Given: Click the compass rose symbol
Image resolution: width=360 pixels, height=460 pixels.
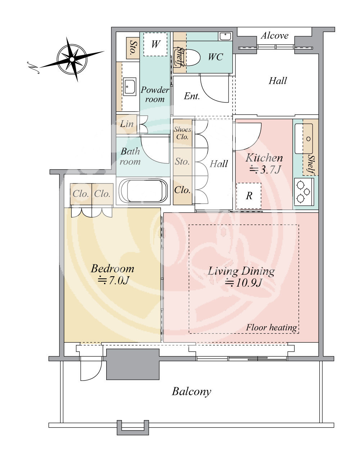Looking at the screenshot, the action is (x=72, y=59).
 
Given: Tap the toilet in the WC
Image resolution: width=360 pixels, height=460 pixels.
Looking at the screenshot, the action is (x=187, y=57).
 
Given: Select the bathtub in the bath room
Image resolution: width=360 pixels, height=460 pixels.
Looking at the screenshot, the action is (x=143, y=191).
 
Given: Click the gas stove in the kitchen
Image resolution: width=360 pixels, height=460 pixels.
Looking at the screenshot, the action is (x=304, y=192).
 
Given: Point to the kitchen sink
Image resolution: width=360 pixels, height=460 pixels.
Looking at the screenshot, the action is (x=304, y=139).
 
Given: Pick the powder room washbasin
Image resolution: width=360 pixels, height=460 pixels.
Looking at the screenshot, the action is (x=130, y=87).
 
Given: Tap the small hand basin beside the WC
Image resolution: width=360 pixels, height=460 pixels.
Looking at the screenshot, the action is (x=225, y=36).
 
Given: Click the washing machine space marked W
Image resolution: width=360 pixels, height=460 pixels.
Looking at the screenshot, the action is (x=155, y=44).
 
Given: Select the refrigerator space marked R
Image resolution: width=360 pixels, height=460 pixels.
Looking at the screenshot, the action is (x=249, y=196).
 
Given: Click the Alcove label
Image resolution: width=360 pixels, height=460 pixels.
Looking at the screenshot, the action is (x=274, y=36).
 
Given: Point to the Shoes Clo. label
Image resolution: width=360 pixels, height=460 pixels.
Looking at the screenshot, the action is (x=182, y=133).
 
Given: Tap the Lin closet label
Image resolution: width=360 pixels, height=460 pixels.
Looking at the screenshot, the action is (x=127, y=124).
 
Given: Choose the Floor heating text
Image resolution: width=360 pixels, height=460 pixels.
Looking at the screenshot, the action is (x=271, y=328).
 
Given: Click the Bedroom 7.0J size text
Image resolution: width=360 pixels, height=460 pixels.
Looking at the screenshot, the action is (x=113, y=281).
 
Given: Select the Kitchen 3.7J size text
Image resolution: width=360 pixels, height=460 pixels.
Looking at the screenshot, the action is (x=265, y=169).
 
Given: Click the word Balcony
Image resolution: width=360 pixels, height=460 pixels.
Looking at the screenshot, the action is (x=191, y=392).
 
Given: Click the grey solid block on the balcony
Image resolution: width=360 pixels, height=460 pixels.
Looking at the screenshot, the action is (x=132, y=364).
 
